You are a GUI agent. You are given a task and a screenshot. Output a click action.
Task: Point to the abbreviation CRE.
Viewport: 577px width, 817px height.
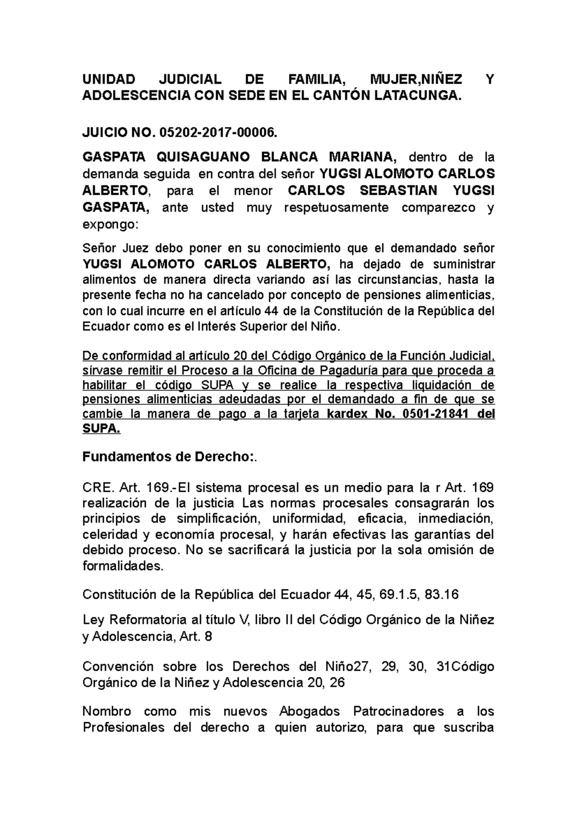98,488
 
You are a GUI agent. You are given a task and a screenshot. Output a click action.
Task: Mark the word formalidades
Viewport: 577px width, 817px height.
123,566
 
